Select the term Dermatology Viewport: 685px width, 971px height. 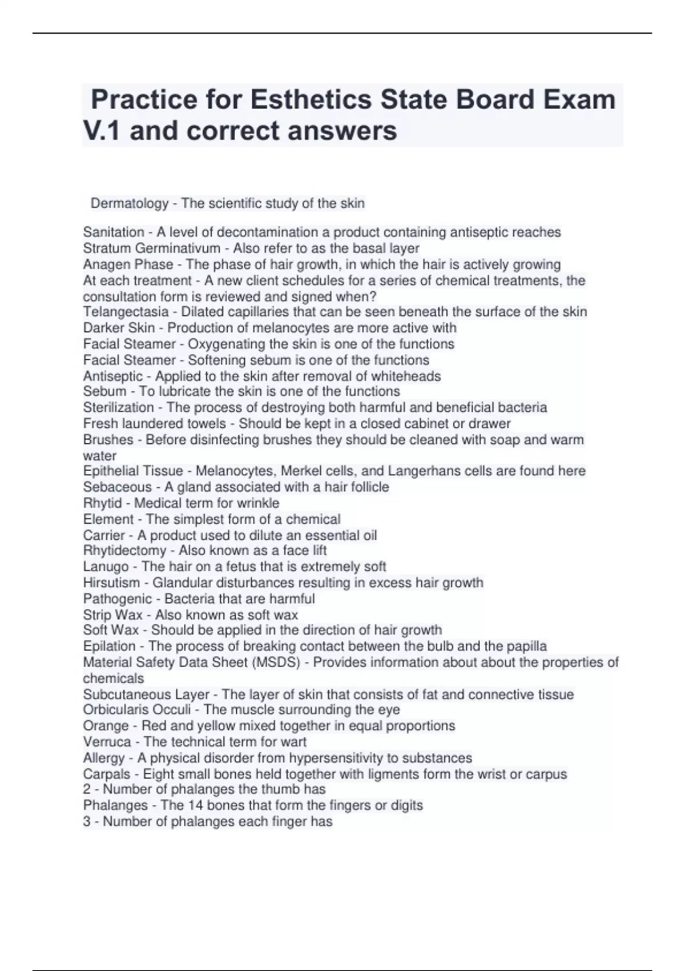(130, 203)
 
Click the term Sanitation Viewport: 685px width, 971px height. (114, 232)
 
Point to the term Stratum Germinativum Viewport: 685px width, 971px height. (151, 248)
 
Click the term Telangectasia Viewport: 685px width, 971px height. (126, 312)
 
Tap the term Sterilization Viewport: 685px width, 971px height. (118, 407)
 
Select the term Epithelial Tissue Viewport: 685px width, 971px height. (133, 471)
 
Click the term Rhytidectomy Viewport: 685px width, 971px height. (124, 551)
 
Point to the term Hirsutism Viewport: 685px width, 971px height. (111, 583)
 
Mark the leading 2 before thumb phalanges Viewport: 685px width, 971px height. (87, 789)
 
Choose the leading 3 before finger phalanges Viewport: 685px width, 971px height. (87, 822)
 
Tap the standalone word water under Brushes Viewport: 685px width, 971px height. (99, 456)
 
